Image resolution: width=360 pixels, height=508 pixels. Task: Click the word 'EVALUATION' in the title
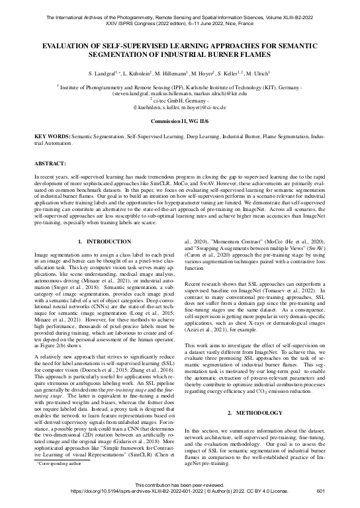tap(70, 46)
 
